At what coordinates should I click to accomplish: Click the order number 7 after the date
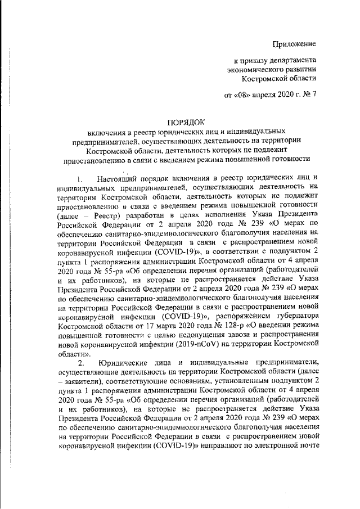(x=315, y=94)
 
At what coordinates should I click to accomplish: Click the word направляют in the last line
(x=251, y=449)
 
